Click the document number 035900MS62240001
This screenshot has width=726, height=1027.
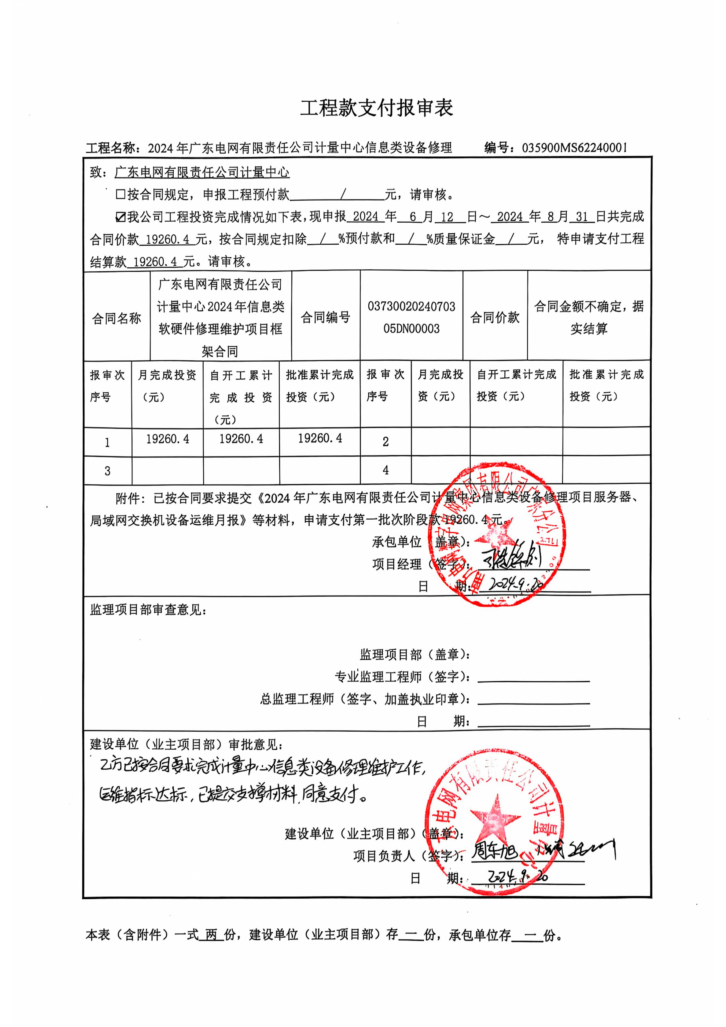574,148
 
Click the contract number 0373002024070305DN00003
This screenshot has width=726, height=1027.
411,318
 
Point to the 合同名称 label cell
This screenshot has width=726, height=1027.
117,318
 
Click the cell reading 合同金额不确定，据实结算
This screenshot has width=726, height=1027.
589,318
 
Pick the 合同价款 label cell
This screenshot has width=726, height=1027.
495,318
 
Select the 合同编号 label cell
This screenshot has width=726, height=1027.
325,318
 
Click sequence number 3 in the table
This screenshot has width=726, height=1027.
107,470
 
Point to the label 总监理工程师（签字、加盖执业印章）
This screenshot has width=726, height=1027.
365,699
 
